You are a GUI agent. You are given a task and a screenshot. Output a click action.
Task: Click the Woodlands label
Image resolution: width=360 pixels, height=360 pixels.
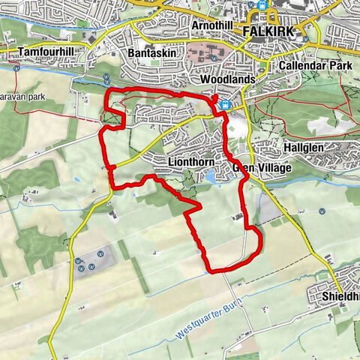coord(223,79)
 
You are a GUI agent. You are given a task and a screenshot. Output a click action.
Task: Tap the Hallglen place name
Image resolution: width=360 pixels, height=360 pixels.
coord(303,147)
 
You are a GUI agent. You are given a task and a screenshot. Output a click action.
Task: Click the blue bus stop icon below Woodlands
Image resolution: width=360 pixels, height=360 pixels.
coord(224,106)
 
